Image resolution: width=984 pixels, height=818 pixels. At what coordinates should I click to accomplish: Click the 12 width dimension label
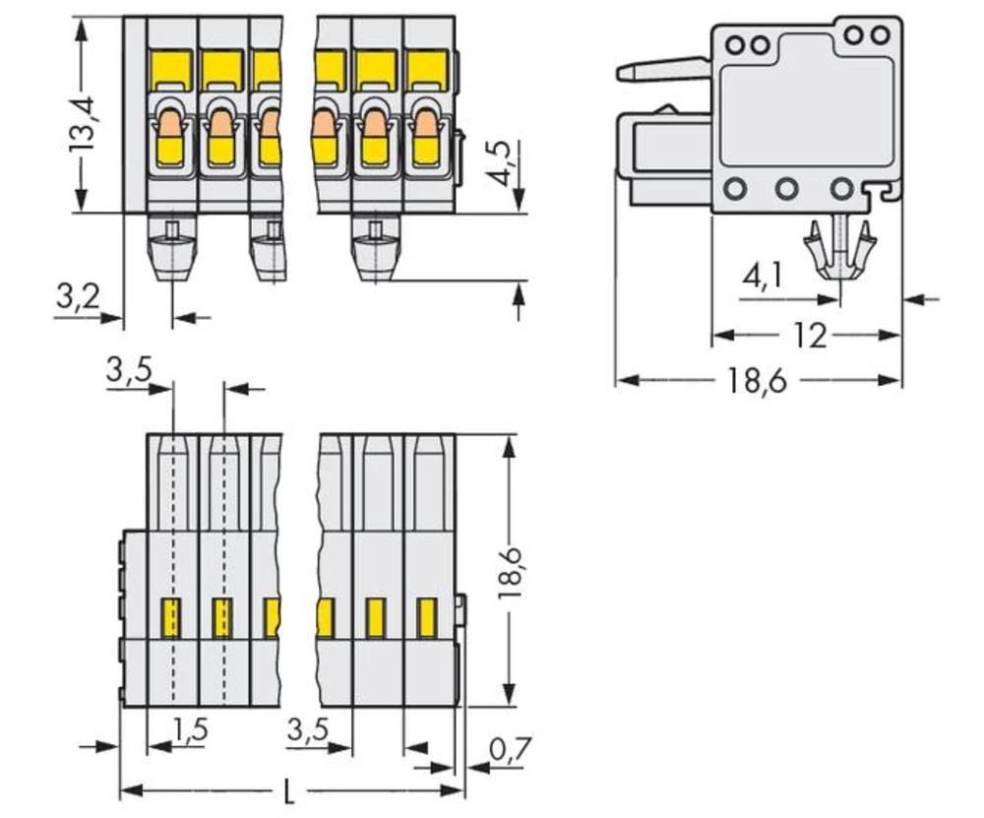click(x=810, y=336)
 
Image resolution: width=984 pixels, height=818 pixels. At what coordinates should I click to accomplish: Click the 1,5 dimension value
click(x=189, y=729)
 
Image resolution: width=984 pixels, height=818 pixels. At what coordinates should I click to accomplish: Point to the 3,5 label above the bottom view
click(x=128, y=371)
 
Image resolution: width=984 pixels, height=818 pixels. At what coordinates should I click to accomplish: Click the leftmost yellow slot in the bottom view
click(x=171, y=618)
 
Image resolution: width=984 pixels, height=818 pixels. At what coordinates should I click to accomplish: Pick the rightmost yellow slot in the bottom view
click(x=426, y=618)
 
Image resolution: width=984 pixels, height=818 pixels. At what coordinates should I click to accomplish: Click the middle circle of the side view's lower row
click(x=785, y=188)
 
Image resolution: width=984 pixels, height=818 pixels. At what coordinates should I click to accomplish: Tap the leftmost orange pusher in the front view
click(x=170, y=127)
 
